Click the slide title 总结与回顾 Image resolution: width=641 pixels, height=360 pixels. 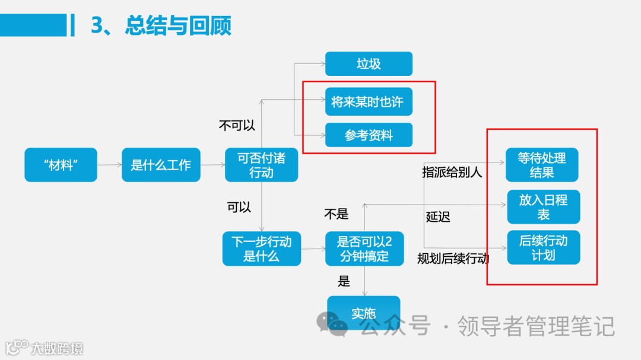[160, 26]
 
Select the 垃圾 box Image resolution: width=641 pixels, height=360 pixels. [369, 64]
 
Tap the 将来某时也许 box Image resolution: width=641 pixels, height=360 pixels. [369, 101]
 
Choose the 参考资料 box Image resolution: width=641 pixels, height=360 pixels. [369, 135]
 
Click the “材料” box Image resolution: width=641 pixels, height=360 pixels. [61, 165]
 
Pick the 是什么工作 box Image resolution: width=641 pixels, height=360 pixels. [161, 165]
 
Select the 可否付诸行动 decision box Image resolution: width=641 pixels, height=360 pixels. [261, 165]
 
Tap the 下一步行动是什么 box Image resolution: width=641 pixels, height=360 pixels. [261, 249]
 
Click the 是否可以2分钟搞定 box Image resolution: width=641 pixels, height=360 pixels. [364, 249]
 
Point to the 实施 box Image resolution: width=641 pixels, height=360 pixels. [364, 313]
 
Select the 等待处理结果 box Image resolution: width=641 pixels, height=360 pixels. [542, 165]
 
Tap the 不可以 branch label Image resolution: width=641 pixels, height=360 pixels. [237, 125]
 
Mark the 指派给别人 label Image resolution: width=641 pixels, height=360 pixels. [452, 172]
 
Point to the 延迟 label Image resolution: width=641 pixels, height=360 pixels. [438, 216]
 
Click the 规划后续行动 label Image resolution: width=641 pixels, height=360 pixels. [453, 258]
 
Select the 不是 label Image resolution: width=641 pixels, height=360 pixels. [336, 214]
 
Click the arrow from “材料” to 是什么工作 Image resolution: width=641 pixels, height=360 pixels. [109, 165]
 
